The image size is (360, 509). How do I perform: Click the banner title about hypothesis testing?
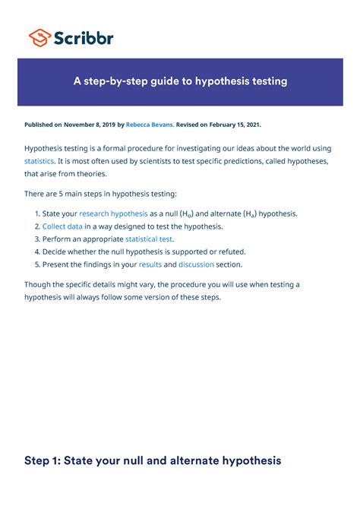pyautogui.click(x=180, y=81)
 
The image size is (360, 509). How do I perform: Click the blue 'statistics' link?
pyautogui.click(x=39, y=162)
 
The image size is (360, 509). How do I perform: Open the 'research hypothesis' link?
pyautogui.click(x=113, y=214)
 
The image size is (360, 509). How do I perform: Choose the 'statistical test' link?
pyautogui.click(x=149, y=239)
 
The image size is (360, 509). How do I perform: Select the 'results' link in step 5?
pyautogui.click(x=150, y=264)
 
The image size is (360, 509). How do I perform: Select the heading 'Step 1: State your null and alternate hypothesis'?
pyautogui.click(x=153, y=460)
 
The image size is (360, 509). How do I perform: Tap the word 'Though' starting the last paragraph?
pyautogui.click(x=39, y=284)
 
